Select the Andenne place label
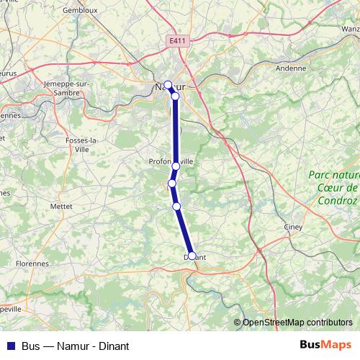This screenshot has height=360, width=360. point(291,68)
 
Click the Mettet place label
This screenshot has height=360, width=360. point(61,205)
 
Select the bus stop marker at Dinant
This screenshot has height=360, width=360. point(192,256)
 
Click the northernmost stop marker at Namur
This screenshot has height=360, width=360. point(168,84)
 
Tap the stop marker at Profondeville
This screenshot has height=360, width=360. point(176,166)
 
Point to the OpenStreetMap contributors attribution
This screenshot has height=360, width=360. point(297,323)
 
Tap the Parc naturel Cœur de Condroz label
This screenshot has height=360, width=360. point(333,187)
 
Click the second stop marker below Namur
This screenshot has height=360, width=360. point(175,96)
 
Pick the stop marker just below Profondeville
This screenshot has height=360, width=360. point(172,184)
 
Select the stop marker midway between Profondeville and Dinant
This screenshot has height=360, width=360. point(176,207)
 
